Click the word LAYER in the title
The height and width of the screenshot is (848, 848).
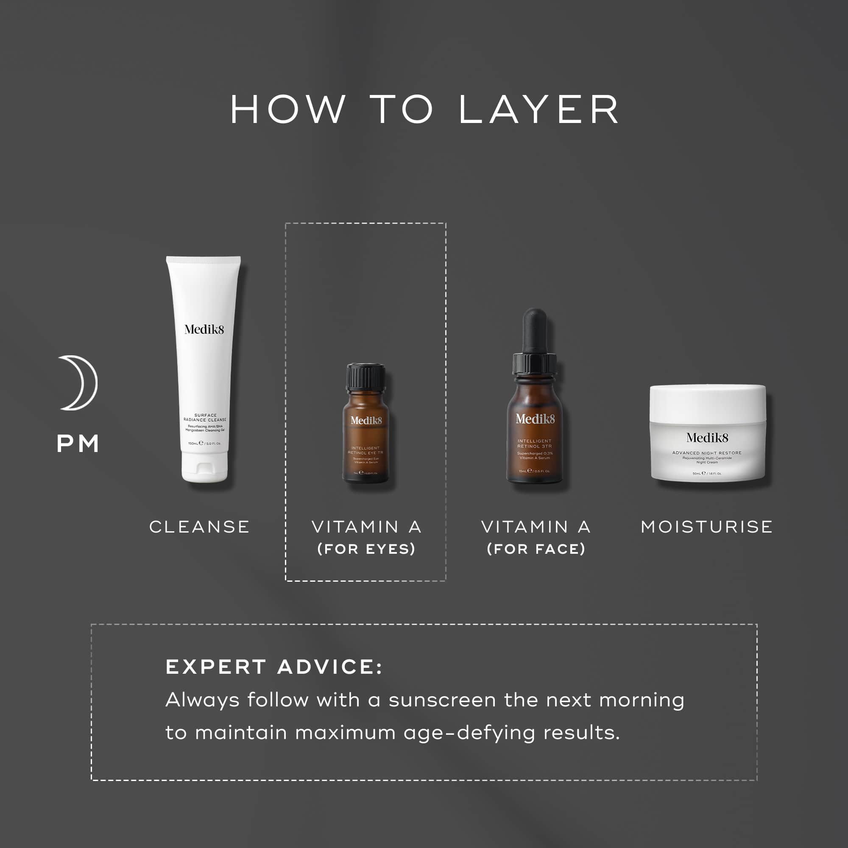538,110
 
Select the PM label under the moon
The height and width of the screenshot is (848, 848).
78,444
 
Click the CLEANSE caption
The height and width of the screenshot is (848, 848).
200,527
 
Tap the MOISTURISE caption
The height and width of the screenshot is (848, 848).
707,527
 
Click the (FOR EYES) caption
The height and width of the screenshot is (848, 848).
366,549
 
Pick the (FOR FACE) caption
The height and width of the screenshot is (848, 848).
536,549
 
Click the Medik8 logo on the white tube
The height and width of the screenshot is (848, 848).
204,329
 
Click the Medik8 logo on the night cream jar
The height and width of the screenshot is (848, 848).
707,438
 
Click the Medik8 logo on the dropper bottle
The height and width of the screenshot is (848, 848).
535,419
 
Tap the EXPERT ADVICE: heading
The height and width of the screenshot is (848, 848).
274,667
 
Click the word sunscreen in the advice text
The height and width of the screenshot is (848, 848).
442,700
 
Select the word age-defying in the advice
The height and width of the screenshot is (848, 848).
469,733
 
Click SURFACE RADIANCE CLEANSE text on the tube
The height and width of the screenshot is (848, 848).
205,417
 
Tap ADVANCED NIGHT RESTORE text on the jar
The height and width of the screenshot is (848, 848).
707,452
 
